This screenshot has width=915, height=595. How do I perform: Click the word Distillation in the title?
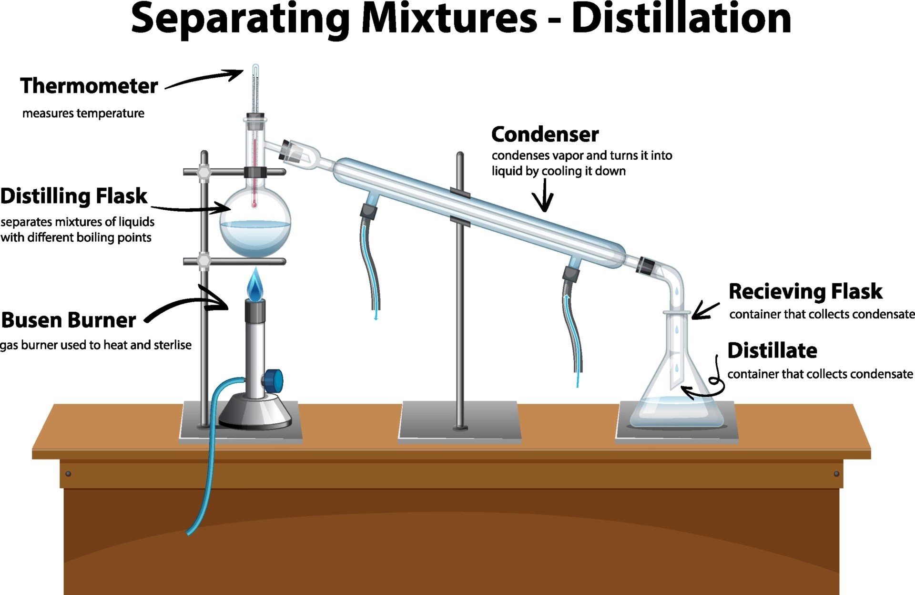click(681, 19)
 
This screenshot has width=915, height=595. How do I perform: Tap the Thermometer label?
click(89, 86)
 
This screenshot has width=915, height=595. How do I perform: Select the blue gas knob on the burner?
click(274, 380)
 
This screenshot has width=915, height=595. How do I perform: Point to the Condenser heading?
click(545, 134)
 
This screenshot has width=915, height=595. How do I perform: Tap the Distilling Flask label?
click(74, 196)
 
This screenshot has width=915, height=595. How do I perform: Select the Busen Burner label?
click(69, 320)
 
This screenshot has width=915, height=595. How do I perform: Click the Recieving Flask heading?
click(805, 291)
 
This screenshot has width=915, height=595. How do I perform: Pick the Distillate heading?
click(772, 351)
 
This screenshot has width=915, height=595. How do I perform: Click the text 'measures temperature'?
click(83, 113)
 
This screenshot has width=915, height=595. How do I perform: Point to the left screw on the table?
click(68, 473)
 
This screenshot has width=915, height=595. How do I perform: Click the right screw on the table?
click(836, 473)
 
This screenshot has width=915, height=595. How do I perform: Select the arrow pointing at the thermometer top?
click(205, 80)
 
